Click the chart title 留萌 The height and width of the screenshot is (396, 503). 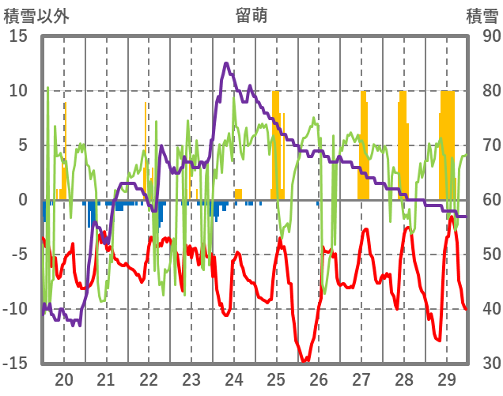click(251, 15)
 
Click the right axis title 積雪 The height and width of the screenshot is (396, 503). click(482, 15)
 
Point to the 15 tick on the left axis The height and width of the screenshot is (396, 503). click(18, 36)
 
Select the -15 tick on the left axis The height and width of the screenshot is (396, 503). click(16, 363)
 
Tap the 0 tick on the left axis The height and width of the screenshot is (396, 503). click(23, 200)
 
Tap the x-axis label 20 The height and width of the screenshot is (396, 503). click(64, 379)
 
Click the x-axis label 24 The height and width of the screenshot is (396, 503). click(234, 379)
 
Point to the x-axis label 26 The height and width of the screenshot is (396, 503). click(319, 379)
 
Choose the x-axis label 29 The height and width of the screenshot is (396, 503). click(446, 379)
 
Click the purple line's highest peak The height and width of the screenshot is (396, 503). click(227, 63)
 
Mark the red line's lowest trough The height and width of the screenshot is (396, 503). click(304, 361)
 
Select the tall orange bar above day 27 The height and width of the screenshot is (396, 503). click(363, 142)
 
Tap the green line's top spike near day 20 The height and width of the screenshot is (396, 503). click(47, 88)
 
